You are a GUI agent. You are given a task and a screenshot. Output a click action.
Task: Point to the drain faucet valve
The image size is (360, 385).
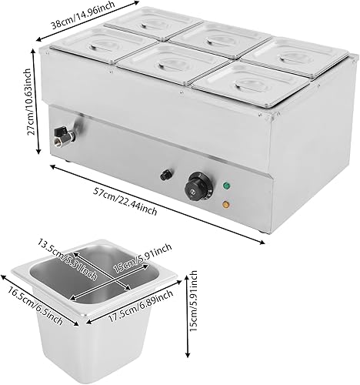(58, 139)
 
